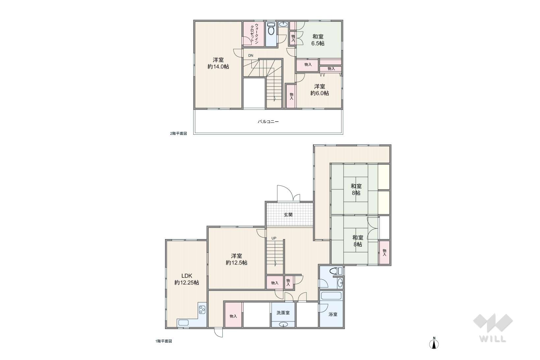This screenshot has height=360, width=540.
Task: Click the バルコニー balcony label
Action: point(268,122)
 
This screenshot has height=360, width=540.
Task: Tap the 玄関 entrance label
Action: point(288,214)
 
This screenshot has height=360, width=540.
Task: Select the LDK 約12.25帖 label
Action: point(186,279)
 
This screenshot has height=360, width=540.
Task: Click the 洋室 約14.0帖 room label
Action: point(218,63)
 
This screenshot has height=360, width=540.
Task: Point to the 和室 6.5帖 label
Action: point(318,40)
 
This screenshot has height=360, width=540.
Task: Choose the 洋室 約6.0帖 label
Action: point(319,90)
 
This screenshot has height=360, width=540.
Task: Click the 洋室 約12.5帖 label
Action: point(237,259)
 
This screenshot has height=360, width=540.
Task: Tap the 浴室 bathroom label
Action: point(333,314)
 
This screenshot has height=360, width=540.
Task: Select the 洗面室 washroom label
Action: point(283,313)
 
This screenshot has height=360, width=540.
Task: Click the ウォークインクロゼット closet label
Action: point(254,34)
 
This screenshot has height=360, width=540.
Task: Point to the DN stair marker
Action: point(251,55)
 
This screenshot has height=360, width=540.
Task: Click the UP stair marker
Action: point(274,238)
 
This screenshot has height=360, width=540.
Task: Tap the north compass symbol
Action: point(434,343)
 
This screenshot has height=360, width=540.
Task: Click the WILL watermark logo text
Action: point(493,339)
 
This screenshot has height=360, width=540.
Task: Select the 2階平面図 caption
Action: point(178,133)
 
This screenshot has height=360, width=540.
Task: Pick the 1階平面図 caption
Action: point(164,341)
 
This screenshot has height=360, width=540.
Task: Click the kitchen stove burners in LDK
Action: point(202,310)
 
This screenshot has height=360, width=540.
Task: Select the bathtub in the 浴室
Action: point(331,296)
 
